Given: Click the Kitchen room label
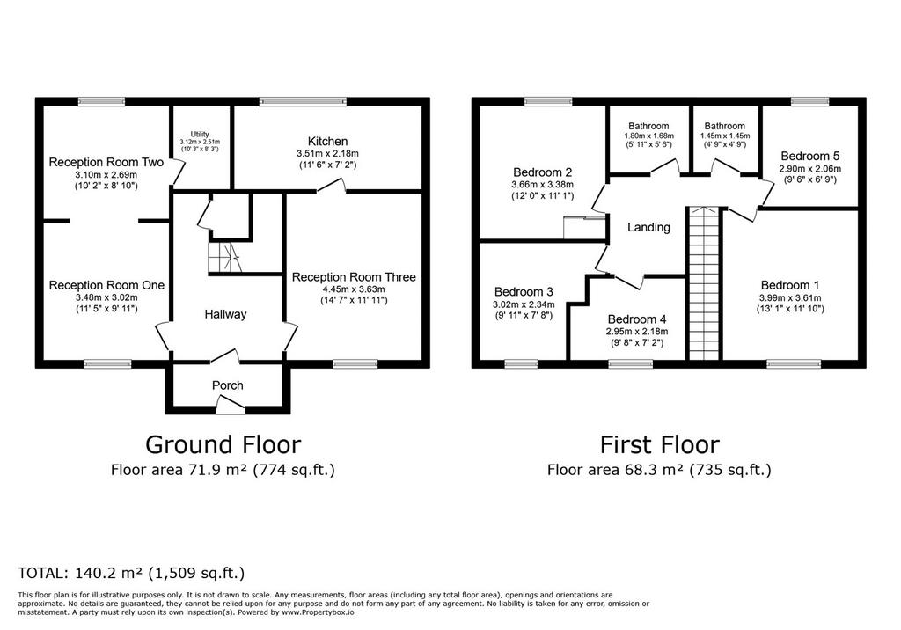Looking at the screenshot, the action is pyautogui.click(x=327, y=142).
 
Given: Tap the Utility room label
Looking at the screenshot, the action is pyautogui.click(x=200, y=134).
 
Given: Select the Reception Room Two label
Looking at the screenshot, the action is pyautogui.click(x=106, y=162).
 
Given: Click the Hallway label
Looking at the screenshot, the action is pyautogui.click(x=225, y=314).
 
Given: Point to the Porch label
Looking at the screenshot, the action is pyautogui.click(x=228, y=385).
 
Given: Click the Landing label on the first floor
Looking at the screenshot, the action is pyautogui.click(x=648, y=227).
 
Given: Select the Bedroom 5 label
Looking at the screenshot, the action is pyautogui.click(x=810, y=156).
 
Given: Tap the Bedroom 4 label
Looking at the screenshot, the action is pyautogui.click(x=637, y=319).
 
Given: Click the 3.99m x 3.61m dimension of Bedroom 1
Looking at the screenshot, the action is pyautogui.click(x=790, y=297).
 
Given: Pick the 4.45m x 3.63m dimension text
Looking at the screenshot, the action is pyautogui.click(x=354, y=289).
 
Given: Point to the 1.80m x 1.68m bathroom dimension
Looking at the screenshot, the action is pyautogui.click(x=648, y=136).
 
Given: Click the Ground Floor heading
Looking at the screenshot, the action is pyautogui.click(x=223, y=445).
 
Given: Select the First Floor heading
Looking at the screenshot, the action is pyautogui.click(x=660, y=445).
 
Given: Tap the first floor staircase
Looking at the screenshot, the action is pyautogui.click(x=704, y=283).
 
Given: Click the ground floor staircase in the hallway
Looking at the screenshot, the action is pyautogui.click(x=224, y=257).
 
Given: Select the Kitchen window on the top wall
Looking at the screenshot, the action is pyautogui.click(x=303, y=102).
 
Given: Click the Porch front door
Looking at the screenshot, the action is pyautogui.click(x=231, y=407).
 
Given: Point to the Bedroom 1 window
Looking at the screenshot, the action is pyautogui.click(x=795, y=363).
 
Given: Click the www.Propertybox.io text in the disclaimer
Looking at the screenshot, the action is pyautogui.click(x=318, y=612).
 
